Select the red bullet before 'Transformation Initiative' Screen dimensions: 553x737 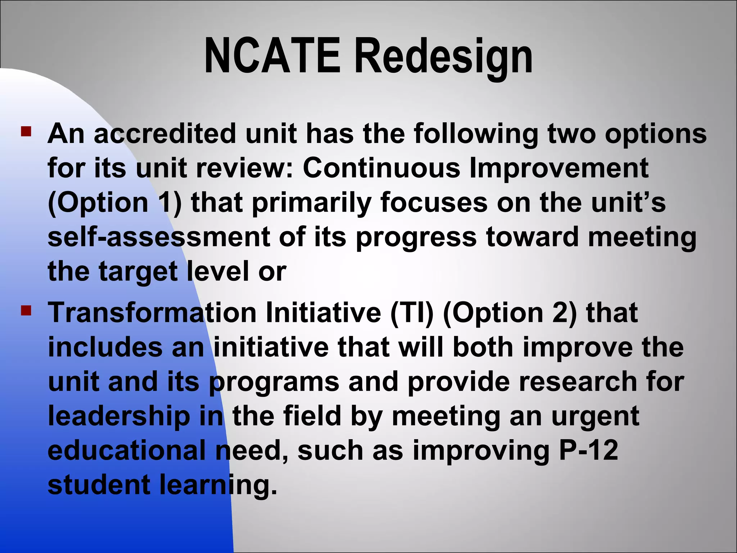(26, 310)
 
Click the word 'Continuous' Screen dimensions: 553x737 (381, 168)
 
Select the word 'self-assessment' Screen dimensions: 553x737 (159, 237)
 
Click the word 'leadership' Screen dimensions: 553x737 (119, 416)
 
